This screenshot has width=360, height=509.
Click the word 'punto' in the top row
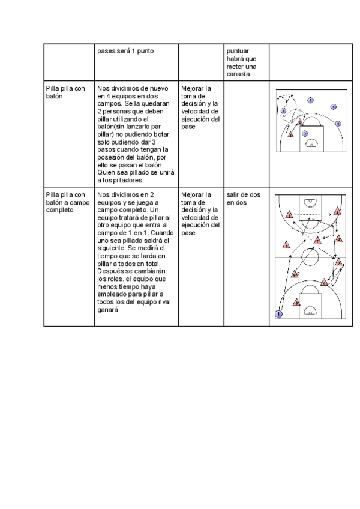[145, 51]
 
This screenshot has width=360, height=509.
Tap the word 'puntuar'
[238, 51]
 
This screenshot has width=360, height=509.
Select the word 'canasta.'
[240, 74]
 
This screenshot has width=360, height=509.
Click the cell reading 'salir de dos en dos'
[244, 199]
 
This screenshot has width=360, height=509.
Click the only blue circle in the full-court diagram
[278, 314]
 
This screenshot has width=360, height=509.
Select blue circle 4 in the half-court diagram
[338, 124]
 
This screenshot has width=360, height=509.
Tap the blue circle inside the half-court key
[305, 133]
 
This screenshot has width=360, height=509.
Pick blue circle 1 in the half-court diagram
[284, 111]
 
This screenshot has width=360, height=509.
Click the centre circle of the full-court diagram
[311, 257]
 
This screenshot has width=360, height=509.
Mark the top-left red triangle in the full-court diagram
[289, 215]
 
